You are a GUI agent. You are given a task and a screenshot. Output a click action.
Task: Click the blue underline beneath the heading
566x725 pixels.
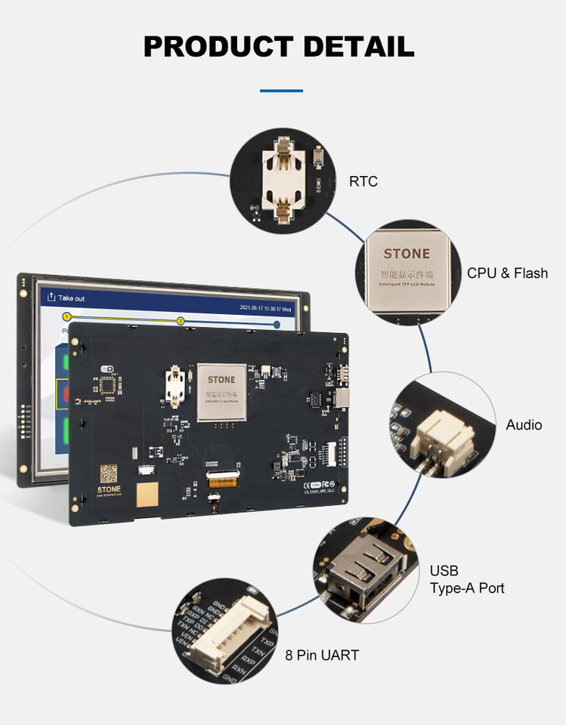(x=281, y=91)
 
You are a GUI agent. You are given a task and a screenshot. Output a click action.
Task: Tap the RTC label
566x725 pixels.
(x=363, y=181)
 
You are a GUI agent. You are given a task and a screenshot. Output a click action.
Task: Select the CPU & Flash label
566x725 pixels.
(x=507, y=273)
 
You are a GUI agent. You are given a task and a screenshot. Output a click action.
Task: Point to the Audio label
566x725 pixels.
(x=524, y=425)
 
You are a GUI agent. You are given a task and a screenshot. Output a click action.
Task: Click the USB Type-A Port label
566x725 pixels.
(x=467, y=579)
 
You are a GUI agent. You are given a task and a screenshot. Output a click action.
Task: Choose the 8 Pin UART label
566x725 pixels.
(x=322, y=656)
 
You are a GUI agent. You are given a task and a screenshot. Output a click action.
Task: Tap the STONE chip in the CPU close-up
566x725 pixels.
(x=407, y=269)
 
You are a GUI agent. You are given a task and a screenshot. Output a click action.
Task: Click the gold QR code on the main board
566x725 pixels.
(x=110, y=474)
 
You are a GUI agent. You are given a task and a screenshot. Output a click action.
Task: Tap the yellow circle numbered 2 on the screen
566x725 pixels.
(x=181, y=321)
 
